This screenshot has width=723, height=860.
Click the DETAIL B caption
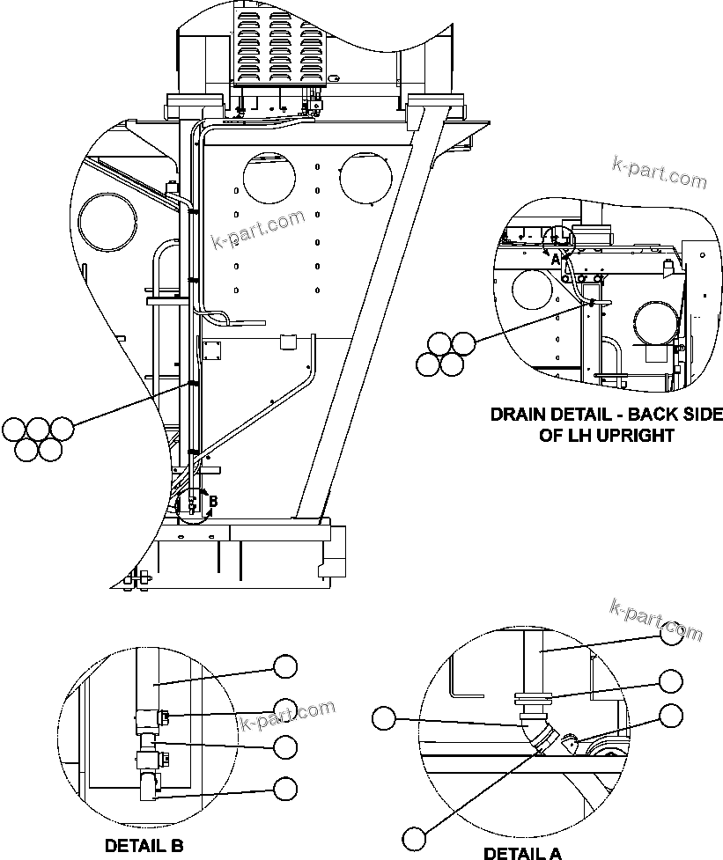pyautogui.click(x=144, y=845)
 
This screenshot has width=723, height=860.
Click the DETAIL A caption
pyautogui.click(x=522, y=852)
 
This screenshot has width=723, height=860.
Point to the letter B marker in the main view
pyautogui.click(x=211, y=500)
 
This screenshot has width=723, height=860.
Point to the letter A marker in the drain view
pyautogui.click(x=554, y=260)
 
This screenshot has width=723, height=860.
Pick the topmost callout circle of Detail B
pyautogui.click(x=285, y=666)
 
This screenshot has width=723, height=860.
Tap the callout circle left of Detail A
pyautogui.click(x=384, y=717)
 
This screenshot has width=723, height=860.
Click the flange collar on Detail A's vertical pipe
pyautogui.click(x=532, y=700)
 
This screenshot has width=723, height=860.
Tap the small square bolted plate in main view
pyautogui.click(x=213, y=350)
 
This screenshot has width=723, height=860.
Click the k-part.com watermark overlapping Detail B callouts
pyautogui.click(x=288, y=715)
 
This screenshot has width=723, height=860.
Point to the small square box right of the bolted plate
pyautogui.click(x=285, y=342)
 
